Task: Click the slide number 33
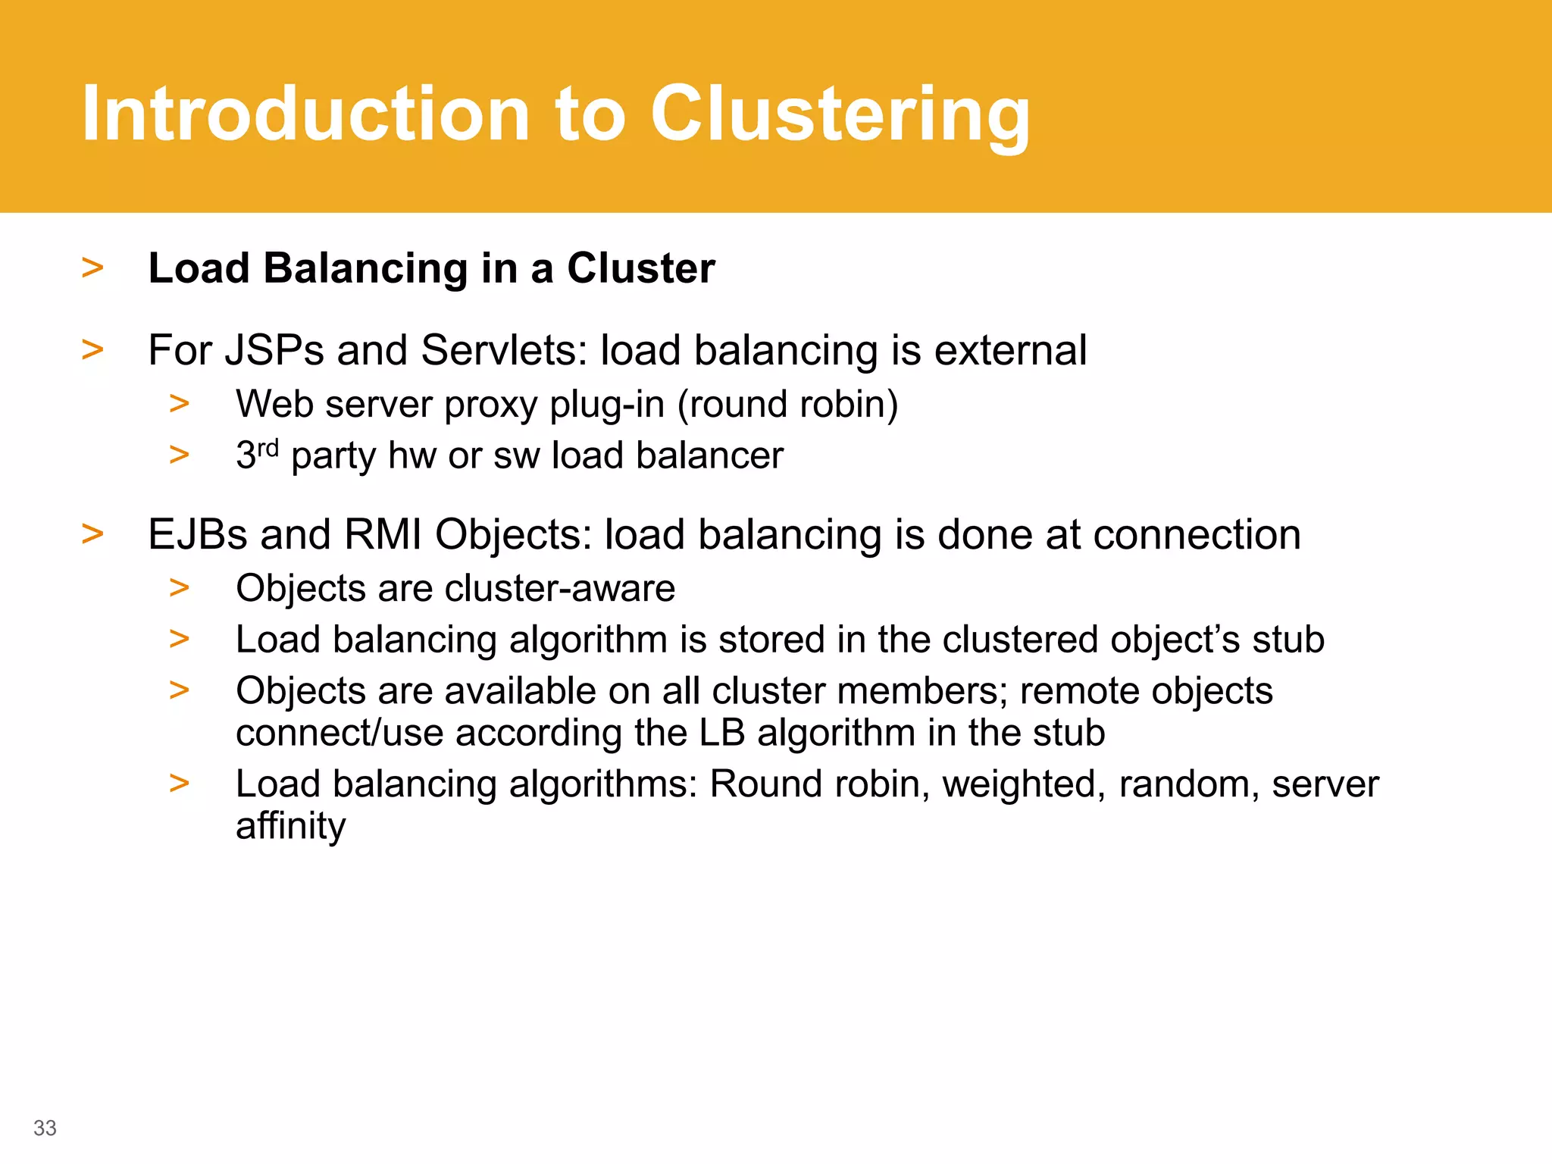(x=45, y=1128)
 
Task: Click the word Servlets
(x=504, y=351)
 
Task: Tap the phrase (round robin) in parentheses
(x=787, y=404)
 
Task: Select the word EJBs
(x=198, y=534)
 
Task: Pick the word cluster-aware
(x=560, y=588)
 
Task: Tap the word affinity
(x=290, y=826)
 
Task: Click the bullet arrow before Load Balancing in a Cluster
(x=92, y=268)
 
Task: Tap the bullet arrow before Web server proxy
(x=180, y=404)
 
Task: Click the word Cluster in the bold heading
(x=640, y=268)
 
